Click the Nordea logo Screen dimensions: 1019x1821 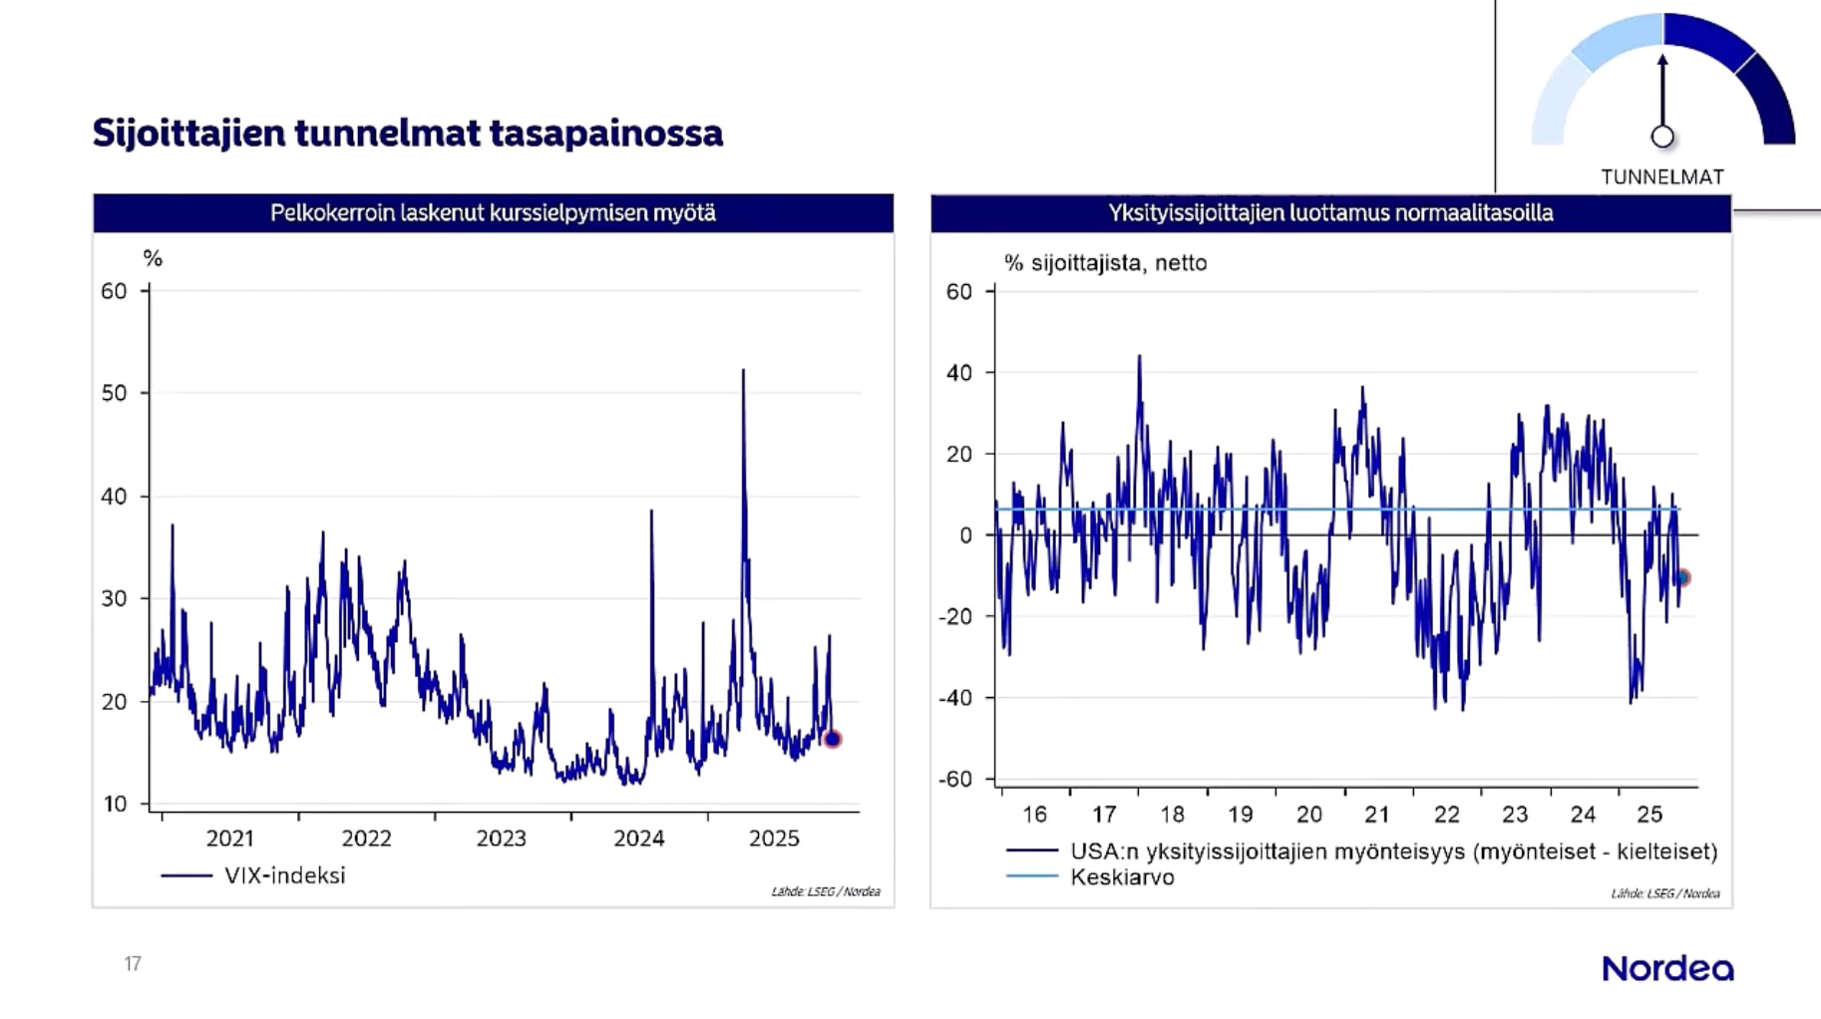1667,968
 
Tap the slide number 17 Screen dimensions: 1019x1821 133,963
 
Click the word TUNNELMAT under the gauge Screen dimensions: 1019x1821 1662,176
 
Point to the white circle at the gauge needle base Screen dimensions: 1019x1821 1662,137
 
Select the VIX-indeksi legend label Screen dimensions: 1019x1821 284,875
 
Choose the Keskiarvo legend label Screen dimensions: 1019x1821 1122,877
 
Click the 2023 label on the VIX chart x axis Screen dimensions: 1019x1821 501,839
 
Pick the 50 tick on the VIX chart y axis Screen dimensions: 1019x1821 114,393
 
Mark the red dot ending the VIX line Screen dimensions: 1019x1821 833,739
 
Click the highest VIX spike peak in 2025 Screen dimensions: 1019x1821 743,371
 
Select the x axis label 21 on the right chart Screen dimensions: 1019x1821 1377,815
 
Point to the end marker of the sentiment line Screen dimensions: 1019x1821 1682,577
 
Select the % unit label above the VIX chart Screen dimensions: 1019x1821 153,259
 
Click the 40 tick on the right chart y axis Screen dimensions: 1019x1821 958,373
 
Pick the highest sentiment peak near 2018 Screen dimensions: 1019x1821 1140,356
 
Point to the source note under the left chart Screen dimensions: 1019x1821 826,891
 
